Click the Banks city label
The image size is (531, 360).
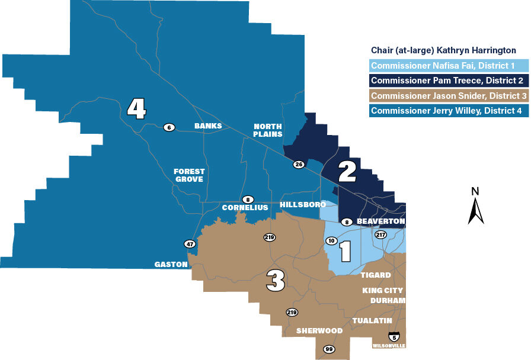pyautogui.click(x=207, y=126)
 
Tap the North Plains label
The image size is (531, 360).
pyautogui.click(x=268, y=130)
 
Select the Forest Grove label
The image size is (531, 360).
pyautogui.click(x=189, y=175)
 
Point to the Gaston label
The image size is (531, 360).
pyautogui.click(x=171, y=265)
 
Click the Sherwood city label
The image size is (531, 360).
pyautogui.click(x=319, y=330)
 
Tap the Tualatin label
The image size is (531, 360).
pyautogui.click(x=372, y=320)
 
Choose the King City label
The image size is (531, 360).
pyautogui.click(x=383, y=291)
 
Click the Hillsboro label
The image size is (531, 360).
pyautogui.click(x=303, y=204)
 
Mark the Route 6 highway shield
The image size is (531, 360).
pyautogui.click(x=169, y=127)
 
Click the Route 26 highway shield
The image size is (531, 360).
pyautogui.click(x=298, y=164)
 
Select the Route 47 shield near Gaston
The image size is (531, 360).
pyautogui.click(x=189, y=243)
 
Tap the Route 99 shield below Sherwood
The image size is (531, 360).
pyautogui.click(x=329, y=349)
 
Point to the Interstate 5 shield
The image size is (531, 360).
pyautogui.click(x=394, y=336)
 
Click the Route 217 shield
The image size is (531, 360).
pyautogui.click(x=380, y=235)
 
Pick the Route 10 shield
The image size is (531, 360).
pyautogui.click(x=331, y=240)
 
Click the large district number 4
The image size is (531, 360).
pyautogui.click(x=137, y=109)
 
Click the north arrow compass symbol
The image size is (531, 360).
pyautogui.click(x=475, y=207)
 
